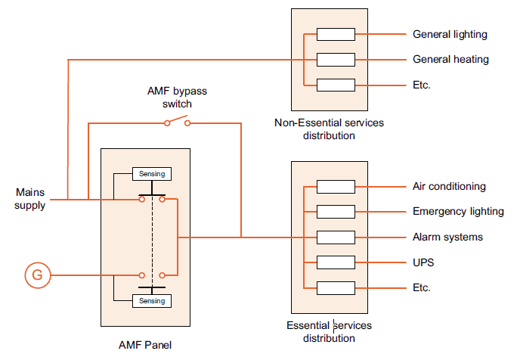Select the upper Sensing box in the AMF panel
click(151, 174)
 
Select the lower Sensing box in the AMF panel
click(151, 301)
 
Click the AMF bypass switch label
click(176, 97)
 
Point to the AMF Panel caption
click(146, 346)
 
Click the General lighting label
click(450, 35)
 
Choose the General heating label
click(450, 60)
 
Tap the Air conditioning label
click(449, 187)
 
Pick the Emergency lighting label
click(458, 212)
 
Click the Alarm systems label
click(447, 237)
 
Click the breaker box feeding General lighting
click(336, 35)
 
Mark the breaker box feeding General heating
click(336, 60)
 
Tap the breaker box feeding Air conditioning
click(336, 187)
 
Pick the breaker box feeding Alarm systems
click(336, 237)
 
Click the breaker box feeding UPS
click(336, 262)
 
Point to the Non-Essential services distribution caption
click(329, 129)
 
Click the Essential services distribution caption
click(329, 331)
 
